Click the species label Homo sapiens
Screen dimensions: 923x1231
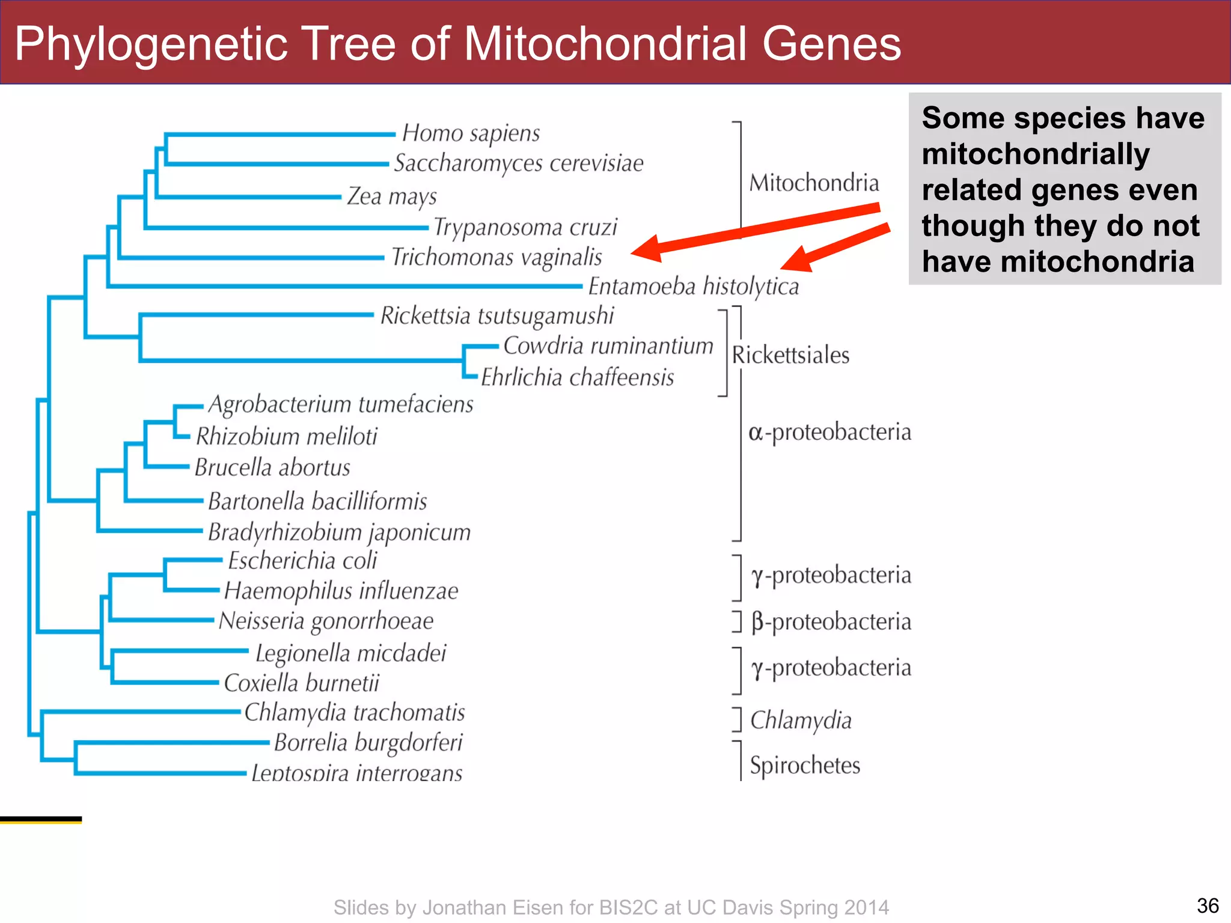click(x=471, y=133)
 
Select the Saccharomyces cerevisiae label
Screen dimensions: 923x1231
click(x=518, y=163)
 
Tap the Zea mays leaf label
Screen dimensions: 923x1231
click(x=391, y=196)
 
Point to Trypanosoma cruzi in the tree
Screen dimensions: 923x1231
click(x=525, y=227)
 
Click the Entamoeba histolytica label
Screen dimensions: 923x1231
click(x=693, y=287)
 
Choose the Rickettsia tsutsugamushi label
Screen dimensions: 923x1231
click(x=496, y=316)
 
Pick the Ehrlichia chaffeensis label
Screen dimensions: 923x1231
click(x=577, y=377)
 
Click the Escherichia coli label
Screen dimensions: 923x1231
click(x=302, y=561)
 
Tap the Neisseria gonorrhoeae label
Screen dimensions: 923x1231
click(x=326, y=621)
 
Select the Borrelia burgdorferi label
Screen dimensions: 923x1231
click(x=368, y=743)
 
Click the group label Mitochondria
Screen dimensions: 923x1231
click(x=813, y=183)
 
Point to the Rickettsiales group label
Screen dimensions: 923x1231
click(x=790, y=355)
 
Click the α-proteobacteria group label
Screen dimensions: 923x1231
click(x=829, y=432)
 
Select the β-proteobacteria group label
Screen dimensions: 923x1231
click(x=831, y=622)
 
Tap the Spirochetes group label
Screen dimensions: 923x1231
click(x=805, y=766)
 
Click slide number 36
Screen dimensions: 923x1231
click(x=1207, y=906)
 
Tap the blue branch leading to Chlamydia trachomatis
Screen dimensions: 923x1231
click(x=141, y=712)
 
